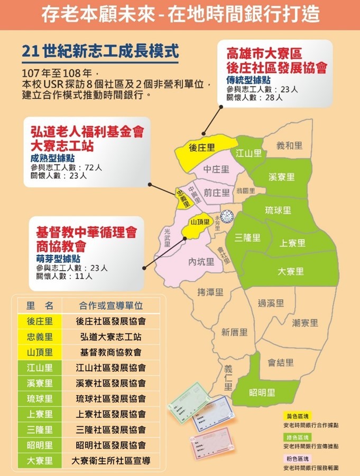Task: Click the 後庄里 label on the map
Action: point(201,148)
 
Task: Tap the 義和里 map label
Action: point(290,145)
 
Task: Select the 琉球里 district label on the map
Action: point(278,210)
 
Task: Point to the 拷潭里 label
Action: point(210,292)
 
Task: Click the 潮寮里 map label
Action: point(305,322)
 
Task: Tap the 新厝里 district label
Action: point(234,332)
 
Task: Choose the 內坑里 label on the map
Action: point(201,261)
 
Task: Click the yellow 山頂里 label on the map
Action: point(200,222)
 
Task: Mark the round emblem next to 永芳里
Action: point(227,216)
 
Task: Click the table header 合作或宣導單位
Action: point(111,306)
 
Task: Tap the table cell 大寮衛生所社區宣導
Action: point(111,461)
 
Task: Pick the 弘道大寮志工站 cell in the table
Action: point(111,336)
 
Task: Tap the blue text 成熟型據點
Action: point(53,158)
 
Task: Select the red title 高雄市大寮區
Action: point(264,53)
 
